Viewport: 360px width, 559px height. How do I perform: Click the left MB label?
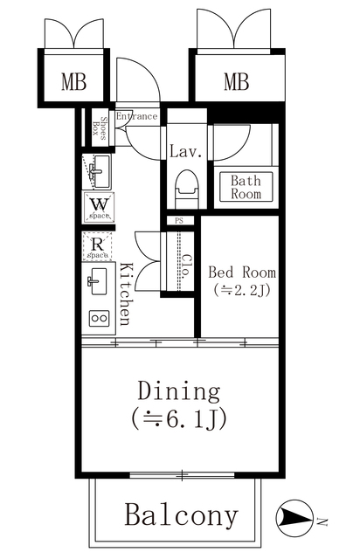click(74, 84)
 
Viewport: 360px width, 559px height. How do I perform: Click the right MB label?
click(236, 84)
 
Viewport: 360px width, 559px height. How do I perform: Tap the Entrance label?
click(136, 117)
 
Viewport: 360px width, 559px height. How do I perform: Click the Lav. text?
click(186, 152)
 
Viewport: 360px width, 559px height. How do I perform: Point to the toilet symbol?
click(186, 187)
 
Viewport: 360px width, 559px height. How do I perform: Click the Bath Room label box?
click(246, 188)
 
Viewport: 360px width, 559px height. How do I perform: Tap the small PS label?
click(179, 222)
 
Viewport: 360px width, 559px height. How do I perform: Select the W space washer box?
click(97, 208)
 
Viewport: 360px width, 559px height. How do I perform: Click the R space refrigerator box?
click(96, 247)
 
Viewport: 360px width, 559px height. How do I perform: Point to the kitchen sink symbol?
click(96, 281)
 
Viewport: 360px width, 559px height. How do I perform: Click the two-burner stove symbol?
click(96, 319)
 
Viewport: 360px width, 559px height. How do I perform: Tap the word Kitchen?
click(126, 294)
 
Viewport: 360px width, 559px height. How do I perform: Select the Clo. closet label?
click(186, 265)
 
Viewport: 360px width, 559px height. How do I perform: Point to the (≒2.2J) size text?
click(239, 290)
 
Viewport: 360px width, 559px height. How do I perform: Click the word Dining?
click(177, 390)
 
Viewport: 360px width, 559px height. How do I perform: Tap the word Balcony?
click(181, 515)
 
